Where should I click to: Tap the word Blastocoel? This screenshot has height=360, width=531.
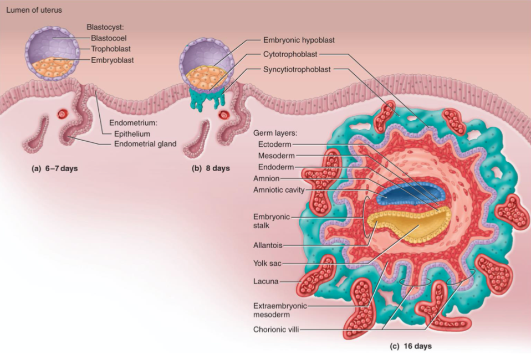(x=111, y=38)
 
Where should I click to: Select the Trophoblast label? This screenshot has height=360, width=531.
(x=113, y=49)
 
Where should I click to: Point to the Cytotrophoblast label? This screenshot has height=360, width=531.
(x=289, y=55)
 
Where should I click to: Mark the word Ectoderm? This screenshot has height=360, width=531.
(x=275, y=145)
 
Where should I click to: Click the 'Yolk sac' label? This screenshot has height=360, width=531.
(x=267, y=263)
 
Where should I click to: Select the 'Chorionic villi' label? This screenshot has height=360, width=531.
(x=275, y=329)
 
